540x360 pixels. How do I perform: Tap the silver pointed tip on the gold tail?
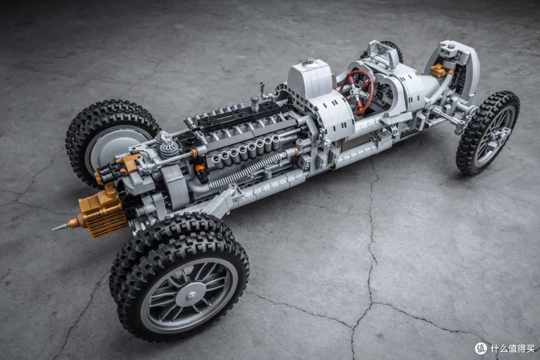pyautogui.click(x=60, y=227)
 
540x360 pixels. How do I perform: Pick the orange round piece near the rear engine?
pyautogui.click(x=199, y=169)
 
